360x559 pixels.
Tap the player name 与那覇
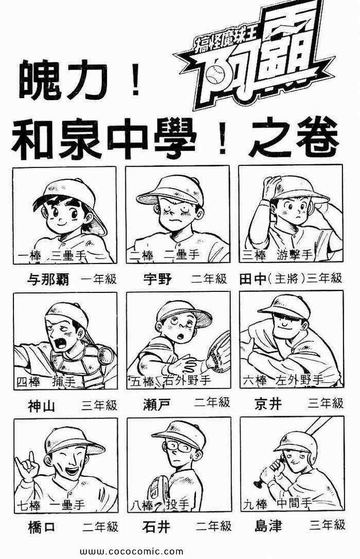click(48, 279)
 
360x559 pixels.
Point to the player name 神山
click(42, 405)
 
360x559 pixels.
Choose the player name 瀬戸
click(157, 404)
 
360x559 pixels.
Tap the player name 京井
click(268, 403)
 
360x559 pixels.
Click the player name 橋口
click(42, 527)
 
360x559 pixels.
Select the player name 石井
click(156, 527)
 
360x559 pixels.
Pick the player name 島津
click(268, 526)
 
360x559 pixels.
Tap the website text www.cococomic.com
click(132, 552)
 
